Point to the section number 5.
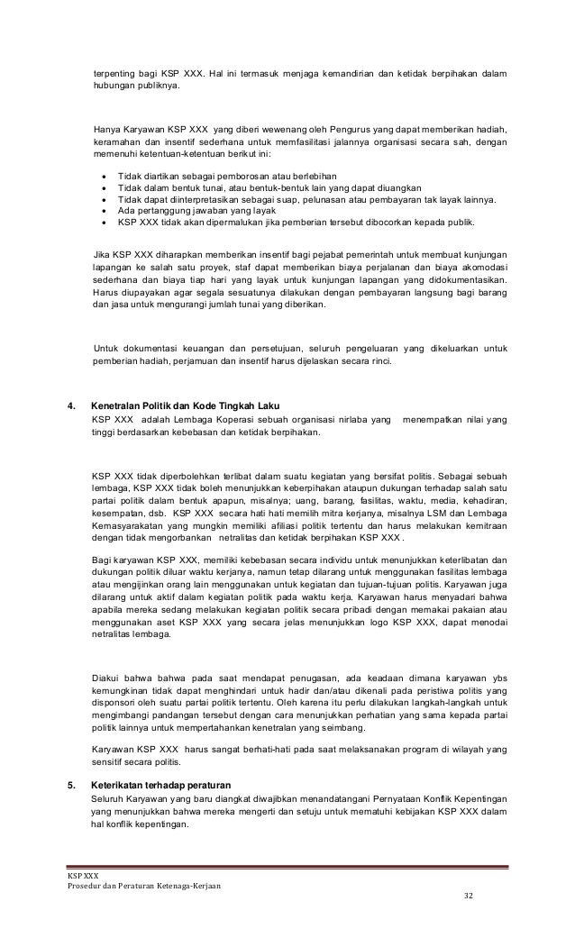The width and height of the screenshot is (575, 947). coord(72,783)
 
